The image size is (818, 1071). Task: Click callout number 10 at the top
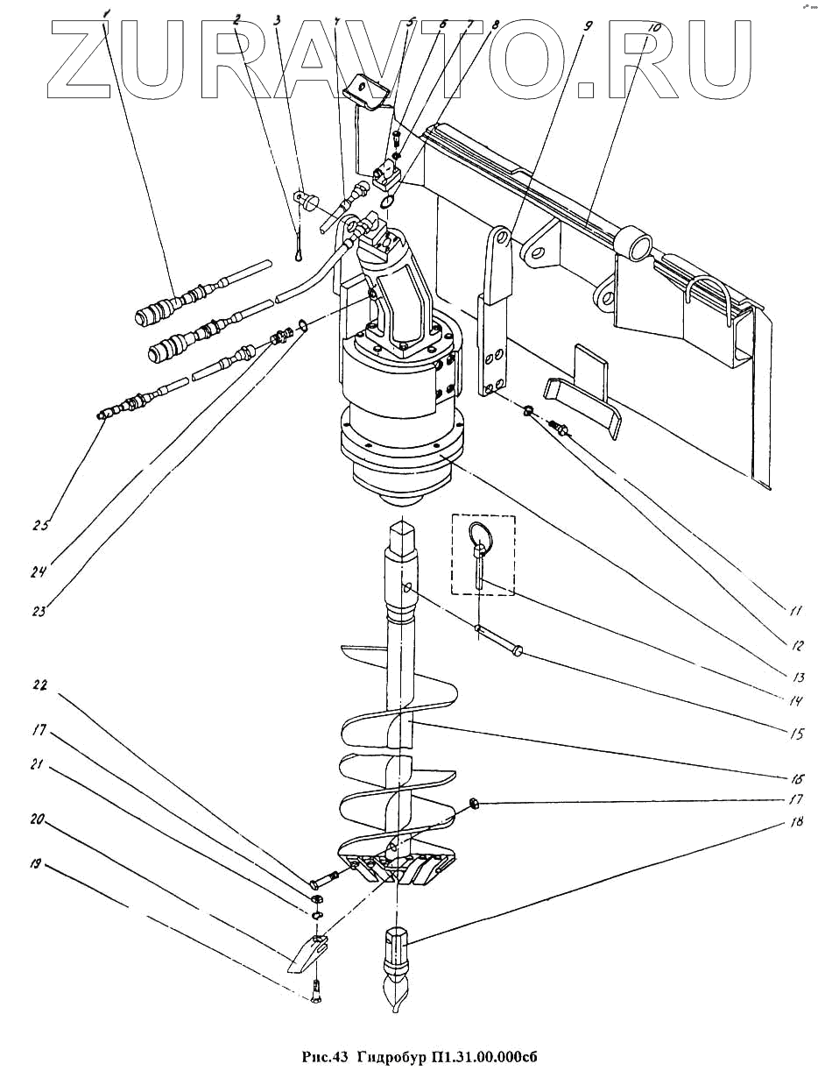click(x=652, y=27)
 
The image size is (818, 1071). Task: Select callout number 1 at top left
click(x=107, y=13)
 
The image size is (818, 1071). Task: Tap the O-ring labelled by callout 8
click(x=387, y=202)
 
